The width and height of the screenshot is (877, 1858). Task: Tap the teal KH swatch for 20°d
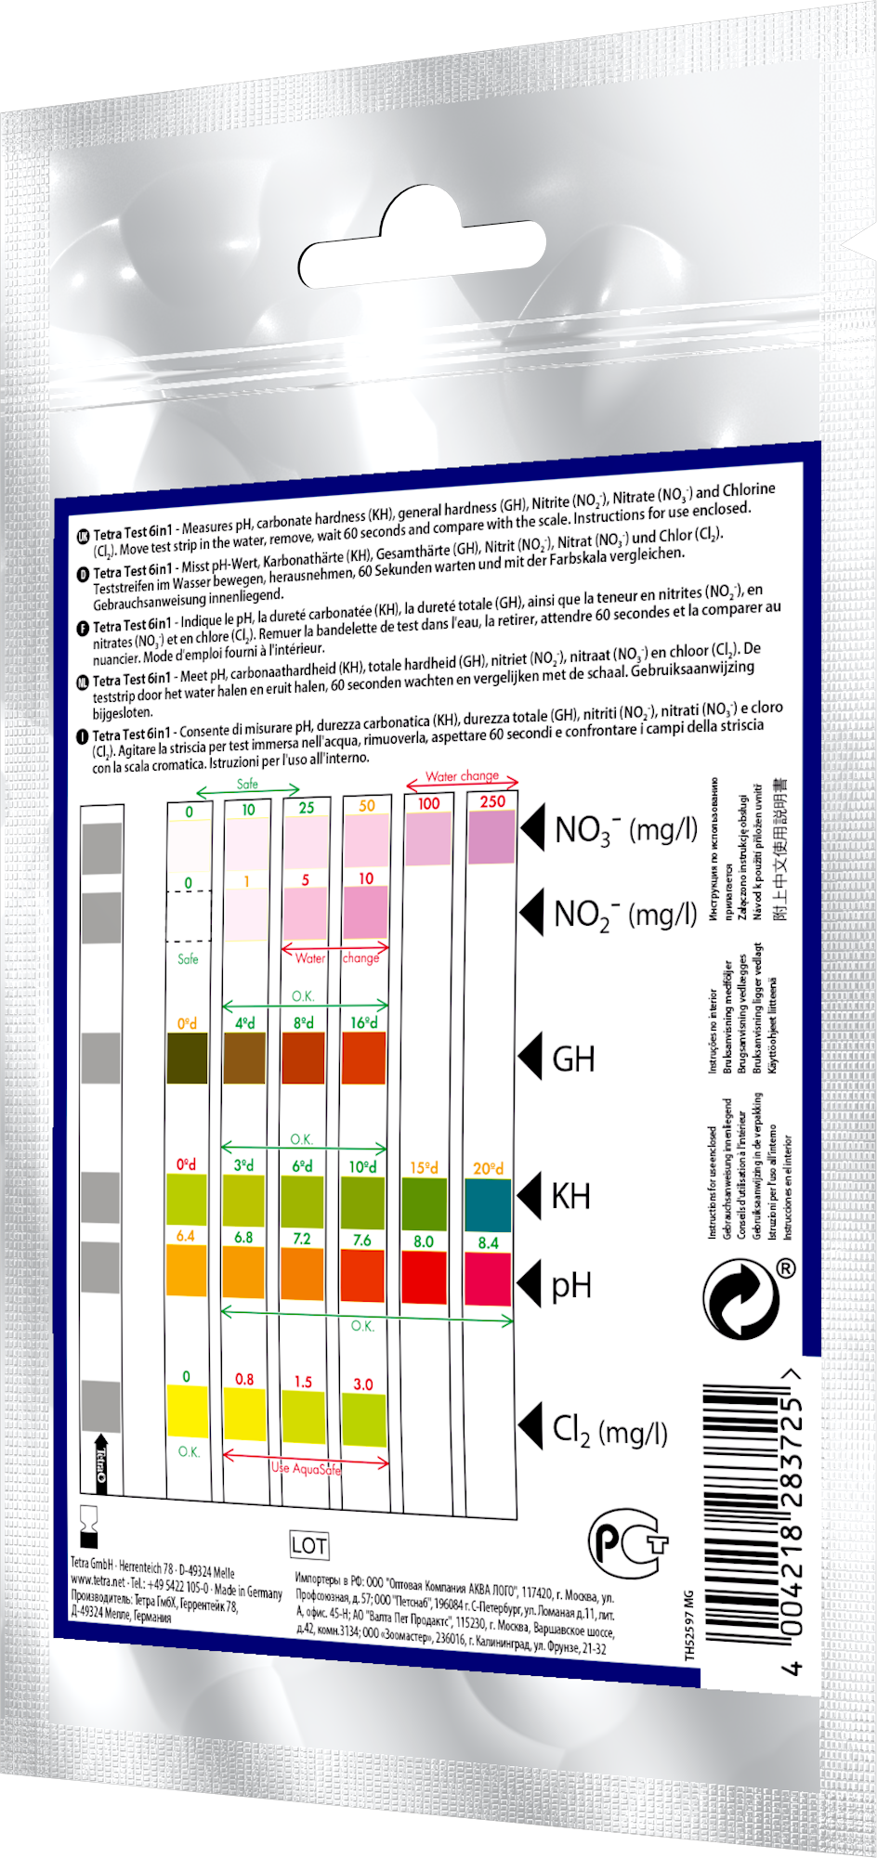click(489, 1205)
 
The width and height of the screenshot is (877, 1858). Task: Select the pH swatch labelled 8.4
click(489, 1279)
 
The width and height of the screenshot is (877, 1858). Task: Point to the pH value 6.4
click(186, 1236)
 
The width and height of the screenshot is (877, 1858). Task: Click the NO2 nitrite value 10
click(366, 878)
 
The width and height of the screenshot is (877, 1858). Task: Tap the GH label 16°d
click(363, 1022)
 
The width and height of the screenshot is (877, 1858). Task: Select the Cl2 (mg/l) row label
click(609, 1431)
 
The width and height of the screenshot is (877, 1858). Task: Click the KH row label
click(570, 1196)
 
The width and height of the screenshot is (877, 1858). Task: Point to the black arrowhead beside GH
click(530, 1058)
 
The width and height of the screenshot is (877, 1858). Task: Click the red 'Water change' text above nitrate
click(462, 776)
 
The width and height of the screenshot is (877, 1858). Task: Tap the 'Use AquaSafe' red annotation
click(307, 1468)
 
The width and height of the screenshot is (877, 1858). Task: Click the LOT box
click(308, 1545)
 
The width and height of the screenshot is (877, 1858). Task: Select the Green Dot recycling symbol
click(740, 1300)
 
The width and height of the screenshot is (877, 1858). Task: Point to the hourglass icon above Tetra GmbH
click(90, 1524)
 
